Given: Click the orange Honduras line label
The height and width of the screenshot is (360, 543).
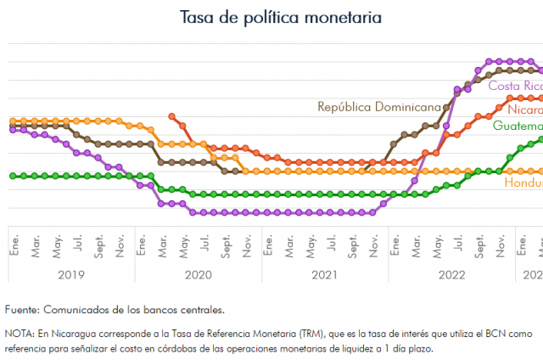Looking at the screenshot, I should pyautogui.click(x=523, y=183).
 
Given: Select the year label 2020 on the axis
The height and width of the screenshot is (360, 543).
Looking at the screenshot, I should pyautogui.click(x=197, y=274).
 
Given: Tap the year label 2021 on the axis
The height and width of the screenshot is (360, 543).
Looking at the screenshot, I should pyautogui.click(x=324, y=274).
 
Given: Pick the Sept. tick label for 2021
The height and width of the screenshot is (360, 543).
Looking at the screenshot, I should pyautogui.click(x=354, y=245).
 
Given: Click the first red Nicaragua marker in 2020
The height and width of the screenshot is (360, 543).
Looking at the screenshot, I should pyautogui.click(x=172, y=115).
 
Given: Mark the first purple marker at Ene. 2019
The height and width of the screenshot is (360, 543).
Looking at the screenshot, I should pyautogui.click(x=12, y=129).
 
